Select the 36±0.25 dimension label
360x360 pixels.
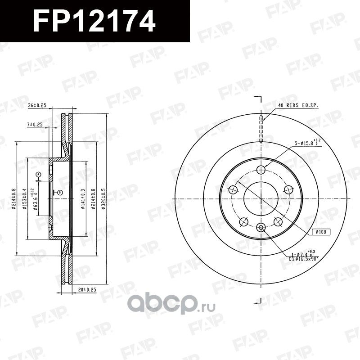pyautogui.click(x=37, y=106)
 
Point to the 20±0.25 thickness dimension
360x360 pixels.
pyautogui.click(x=87, y=290)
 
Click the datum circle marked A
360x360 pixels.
pyautogui.click(x=38, y=174)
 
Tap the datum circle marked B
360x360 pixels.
pyautogui.click(x=59, y=193)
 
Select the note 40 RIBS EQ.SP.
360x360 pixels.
pyautogui.click(x=298, y=105)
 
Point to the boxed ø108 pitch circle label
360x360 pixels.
pyautogui.click(x=321, y=232)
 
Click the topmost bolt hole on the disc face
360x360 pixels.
pyautogui.click(x=261, y=169)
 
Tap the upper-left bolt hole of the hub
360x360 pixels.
pyautogui.click(x=233, y=189)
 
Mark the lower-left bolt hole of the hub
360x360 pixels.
pyautogui.click(x=244, y=222)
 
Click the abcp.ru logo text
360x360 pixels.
pyautogui.click(x=172, y=305)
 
